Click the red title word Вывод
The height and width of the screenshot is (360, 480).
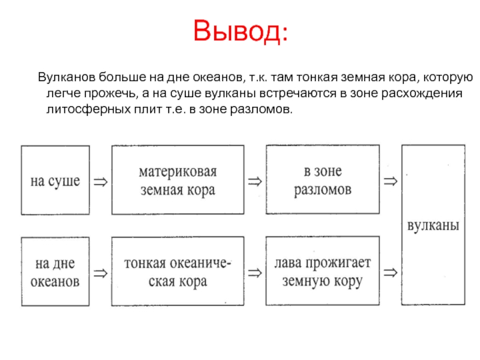tap(240, 31)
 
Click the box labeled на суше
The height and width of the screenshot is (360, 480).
tap(55, 179)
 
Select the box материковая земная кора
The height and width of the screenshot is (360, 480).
tap(178, 179)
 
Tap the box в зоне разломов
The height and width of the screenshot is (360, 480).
tap(323, 179)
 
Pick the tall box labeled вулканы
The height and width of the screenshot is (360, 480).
tap(433, 225)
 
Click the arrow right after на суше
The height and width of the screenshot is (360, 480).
tap(101, 180)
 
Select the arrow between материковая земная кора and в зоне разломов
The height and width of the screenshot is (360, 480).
tap(254, 180)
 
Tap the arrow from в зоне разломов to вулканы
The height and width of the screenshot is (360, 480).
tap(390, 180)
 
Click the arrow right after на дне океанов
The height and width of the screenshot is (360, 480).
tap(101, 273)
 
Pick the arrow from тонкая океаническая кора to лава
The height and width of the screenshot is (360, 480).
tap(254, 273)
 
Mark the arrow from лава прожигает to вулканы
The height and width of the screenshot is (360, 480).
tap(390, 273)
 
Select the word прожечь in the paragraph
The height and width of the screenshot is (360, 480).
tap(101, 94)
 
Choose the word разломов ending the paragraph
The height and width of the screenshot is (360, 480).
tap(264, 110)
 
